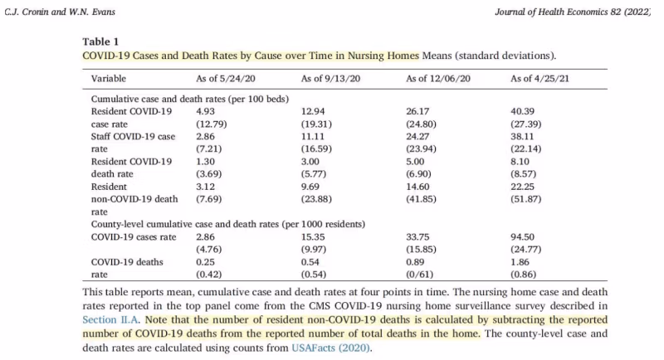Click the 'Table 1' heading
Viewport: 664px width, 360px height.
pos(100,41)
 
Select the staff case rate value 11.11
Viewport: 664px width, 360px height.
pos(312,136)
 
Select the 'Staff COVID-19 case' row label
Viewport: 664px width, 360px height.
pos(133,136)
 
